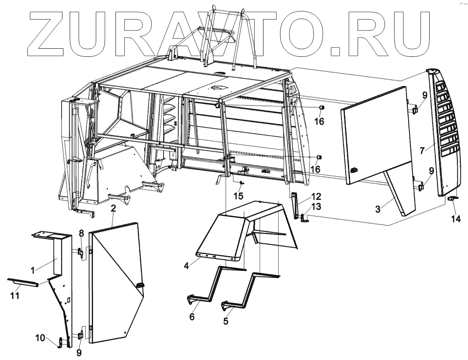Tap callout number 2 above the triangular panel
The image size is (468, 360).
pos(113,209)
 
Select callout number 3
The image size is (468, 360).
pos(378,210)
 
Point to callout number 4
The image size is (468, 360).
pos(186,266)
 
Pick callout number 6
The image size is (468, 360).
pos(192,317)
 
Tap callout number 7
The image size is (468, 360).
pos(422,150)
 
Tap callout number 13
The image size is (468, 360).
pos(316,207)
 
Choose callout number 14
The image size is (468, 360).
pos(456,219)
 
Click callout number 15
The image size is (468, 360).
pos(239,196)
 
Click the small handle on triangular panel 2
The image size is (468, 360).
pos(140,285)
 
